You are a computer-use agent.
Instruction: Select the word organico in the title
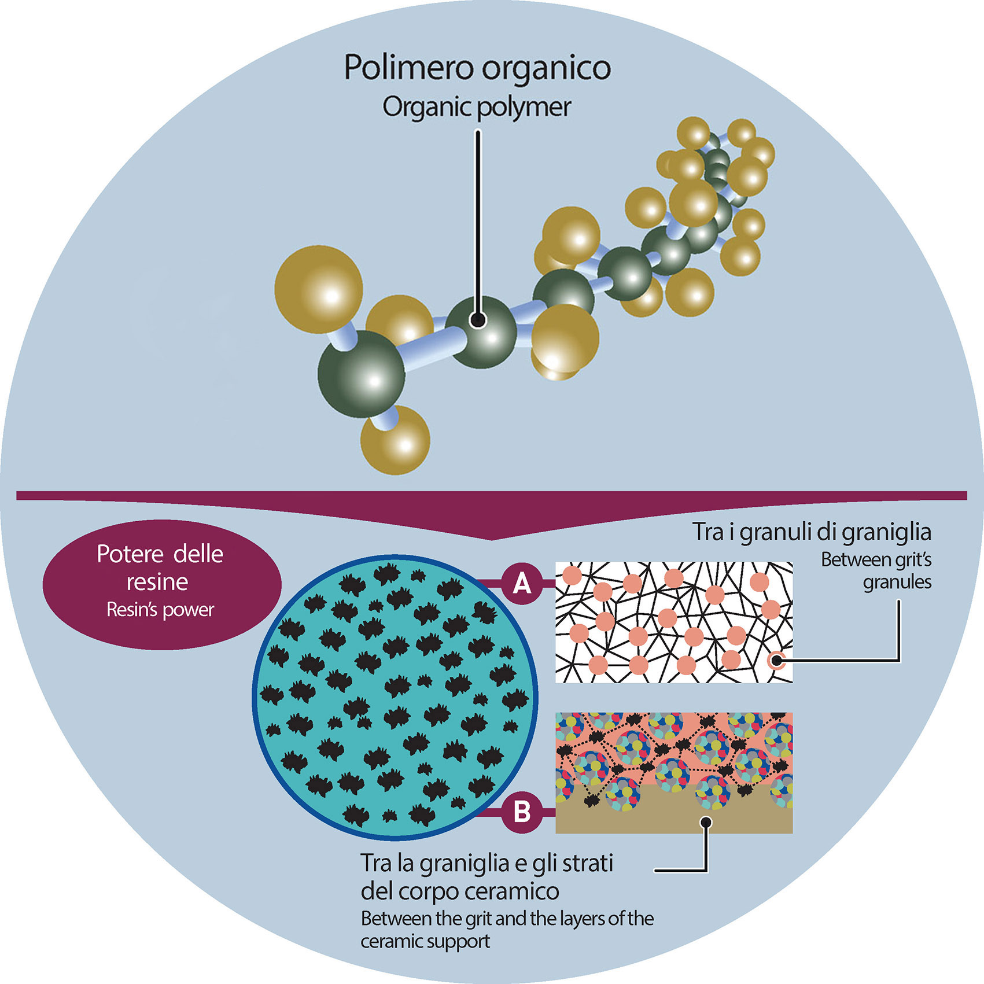[546, 68]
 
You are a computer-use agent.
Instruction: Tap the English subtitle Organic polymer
[477, 107]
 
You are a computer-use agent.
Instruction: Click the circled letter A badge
[522, 584]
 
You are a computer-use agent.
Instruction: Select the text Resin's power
[160, 610]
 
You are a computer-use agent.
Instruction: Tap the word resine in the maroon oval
[157, 582]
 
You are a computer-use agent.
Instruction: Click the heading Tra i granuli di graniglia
[812, 532]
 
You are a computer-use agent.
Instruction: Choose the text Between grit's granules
[876, 570]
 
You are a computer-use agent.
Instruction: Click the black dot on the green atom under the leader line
[477, 320]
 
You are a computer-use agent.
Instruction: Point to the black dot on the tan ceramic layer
[706, 822]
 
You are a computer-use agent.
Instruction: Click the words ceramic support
[425, 941]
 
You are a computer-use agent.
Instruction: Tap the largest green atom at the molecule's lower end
[361, 373]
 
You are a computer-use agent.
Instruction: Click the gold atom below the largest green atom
[396, 440]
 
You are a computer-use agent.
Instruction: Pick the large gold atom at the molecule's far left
[318, 289]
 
